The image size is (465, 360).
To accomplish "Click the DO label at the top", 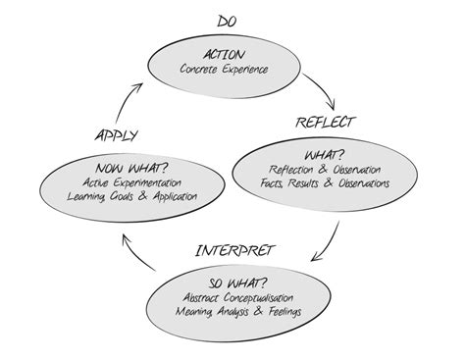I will (227, 21).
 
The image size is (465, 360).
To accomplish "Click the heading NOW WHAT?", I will (122, 166).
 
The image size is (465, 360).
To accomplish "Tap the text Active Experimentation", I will (122, 181).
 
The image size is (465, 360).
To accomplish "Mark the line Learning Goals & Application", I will (122, 196).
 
